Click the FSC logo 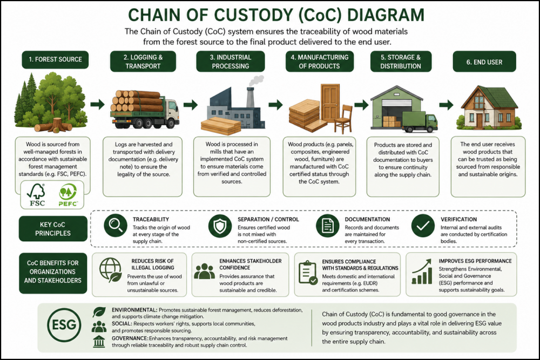[x=36, y=195]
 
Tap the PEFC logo [x=68, y=195]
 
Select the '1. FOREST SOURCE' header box [x=55, y=59]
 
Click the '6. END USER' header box [x=484, y=62]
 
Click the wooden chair [x=343, y=119]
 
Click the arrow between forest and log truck [x=97, y=104]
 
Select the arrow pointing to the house [x=446, y=105]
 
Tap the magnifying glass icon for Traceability [x=116, y=226]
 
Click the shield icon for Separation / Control [x=220, y=226]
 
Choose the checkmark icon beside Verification [x=423, y=226]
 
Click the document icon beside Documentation [x=328, y=226]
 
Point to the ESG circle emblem [x=64, y=325]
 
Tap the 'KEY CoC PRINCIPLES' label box [x=53, y=229]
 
